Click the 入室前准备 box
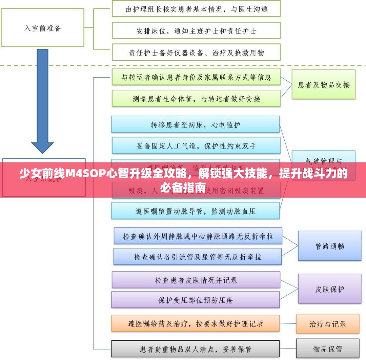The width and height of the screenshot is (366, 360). point(42,28)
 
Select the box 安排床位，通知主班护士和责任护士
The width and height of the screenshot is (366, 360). point(196,31)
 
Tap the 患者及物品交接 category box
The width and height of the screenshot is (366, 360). point(324,84)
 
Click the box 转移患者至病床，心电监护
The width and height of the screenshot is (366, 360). point(196,124)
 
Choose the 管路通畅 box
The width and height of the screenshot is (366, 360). point(329,246)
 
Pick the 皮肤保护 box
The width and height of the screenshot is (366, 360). point(329,289)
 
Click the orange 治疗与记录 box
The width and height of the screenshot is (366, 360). point(327,323)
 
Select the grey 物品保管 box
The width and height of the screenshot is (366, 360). point(327,348)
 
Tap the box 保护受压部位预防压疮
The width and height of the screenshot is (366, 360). point(196,300)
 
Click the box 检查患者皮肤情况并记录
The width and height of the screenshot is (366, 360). point(196,280)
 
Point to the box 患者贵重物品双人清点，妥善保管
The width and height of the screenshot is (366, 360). point(196,349)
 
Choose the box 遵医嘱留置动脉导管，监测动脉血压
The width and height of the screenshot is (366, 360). point(196,211)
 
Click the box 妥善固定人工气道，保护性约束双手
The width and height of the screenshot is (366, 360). point(196,146)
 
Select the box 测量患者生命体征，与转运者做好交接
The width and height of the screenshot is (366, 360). point(196,99)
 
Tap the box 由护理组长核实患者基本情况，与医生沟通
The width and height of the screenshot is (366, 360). point(196,9)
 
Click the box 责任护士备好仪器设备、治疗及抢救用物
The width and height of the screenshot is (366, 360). point(196,53)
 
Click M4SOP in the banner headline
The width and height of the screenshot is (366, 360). point(85,174)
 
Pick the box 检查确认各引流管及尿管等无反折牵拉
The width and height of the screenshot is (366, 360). point(198,257)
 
